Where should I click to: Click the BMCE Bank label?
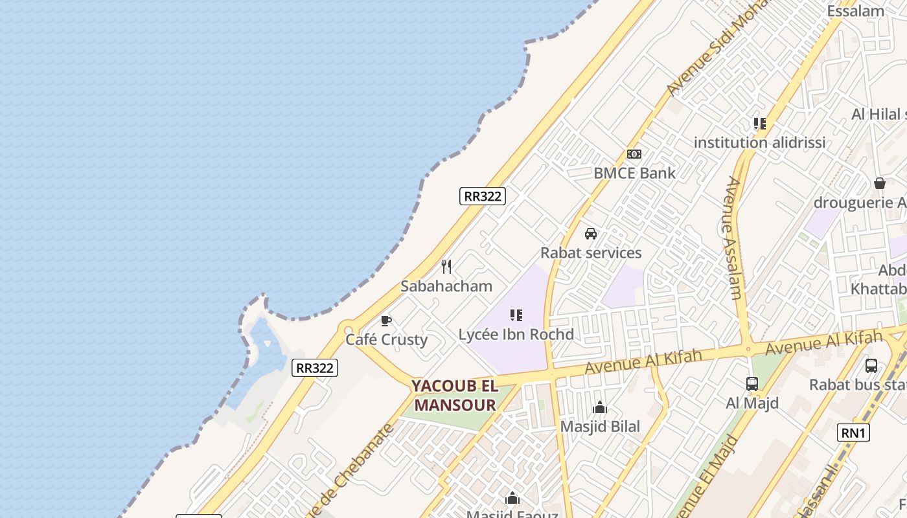[x=634, y=173]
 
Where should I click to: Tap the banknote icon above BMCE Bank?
[x=634, y=154]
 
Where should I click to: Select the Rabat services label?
[x=591, y=253]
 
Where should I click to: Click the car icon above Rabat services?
[x=591, y=234]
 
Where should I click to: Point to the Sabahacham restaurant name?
[x=446, y=286]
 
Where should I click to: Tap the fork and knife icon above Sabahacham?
[x=446, y=267]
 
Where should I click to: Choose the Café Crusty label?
[x=386, y=340]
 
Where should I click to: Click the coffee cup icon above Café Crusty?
[x=386, y=321]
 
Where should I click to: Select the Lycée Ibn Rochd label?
[x=516, y=334]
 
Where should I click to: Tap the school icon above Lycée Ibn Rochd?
[x=516, y=315]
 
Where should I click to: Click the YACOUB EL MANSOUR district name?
[x=455, y=396]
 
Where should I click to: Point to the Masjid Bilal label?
[x=600, y=426]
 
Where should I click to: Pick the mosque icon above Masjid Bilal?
[x=600, y=407]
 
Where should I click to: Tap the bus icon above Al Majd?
[x=752, y=384]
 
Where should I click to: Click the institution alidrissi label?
[x=760, y=142]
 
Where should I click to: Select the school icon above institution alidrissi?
[x=760, y=124]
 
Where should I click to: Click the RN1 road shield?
[x=853, y=433]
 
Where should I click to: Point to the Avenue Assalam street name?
[x=734, y=238]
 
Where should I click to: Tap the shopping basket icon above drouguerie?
[x=880, y=184]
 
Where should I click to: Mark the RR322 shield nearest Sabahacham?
[x=483, y=196]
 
